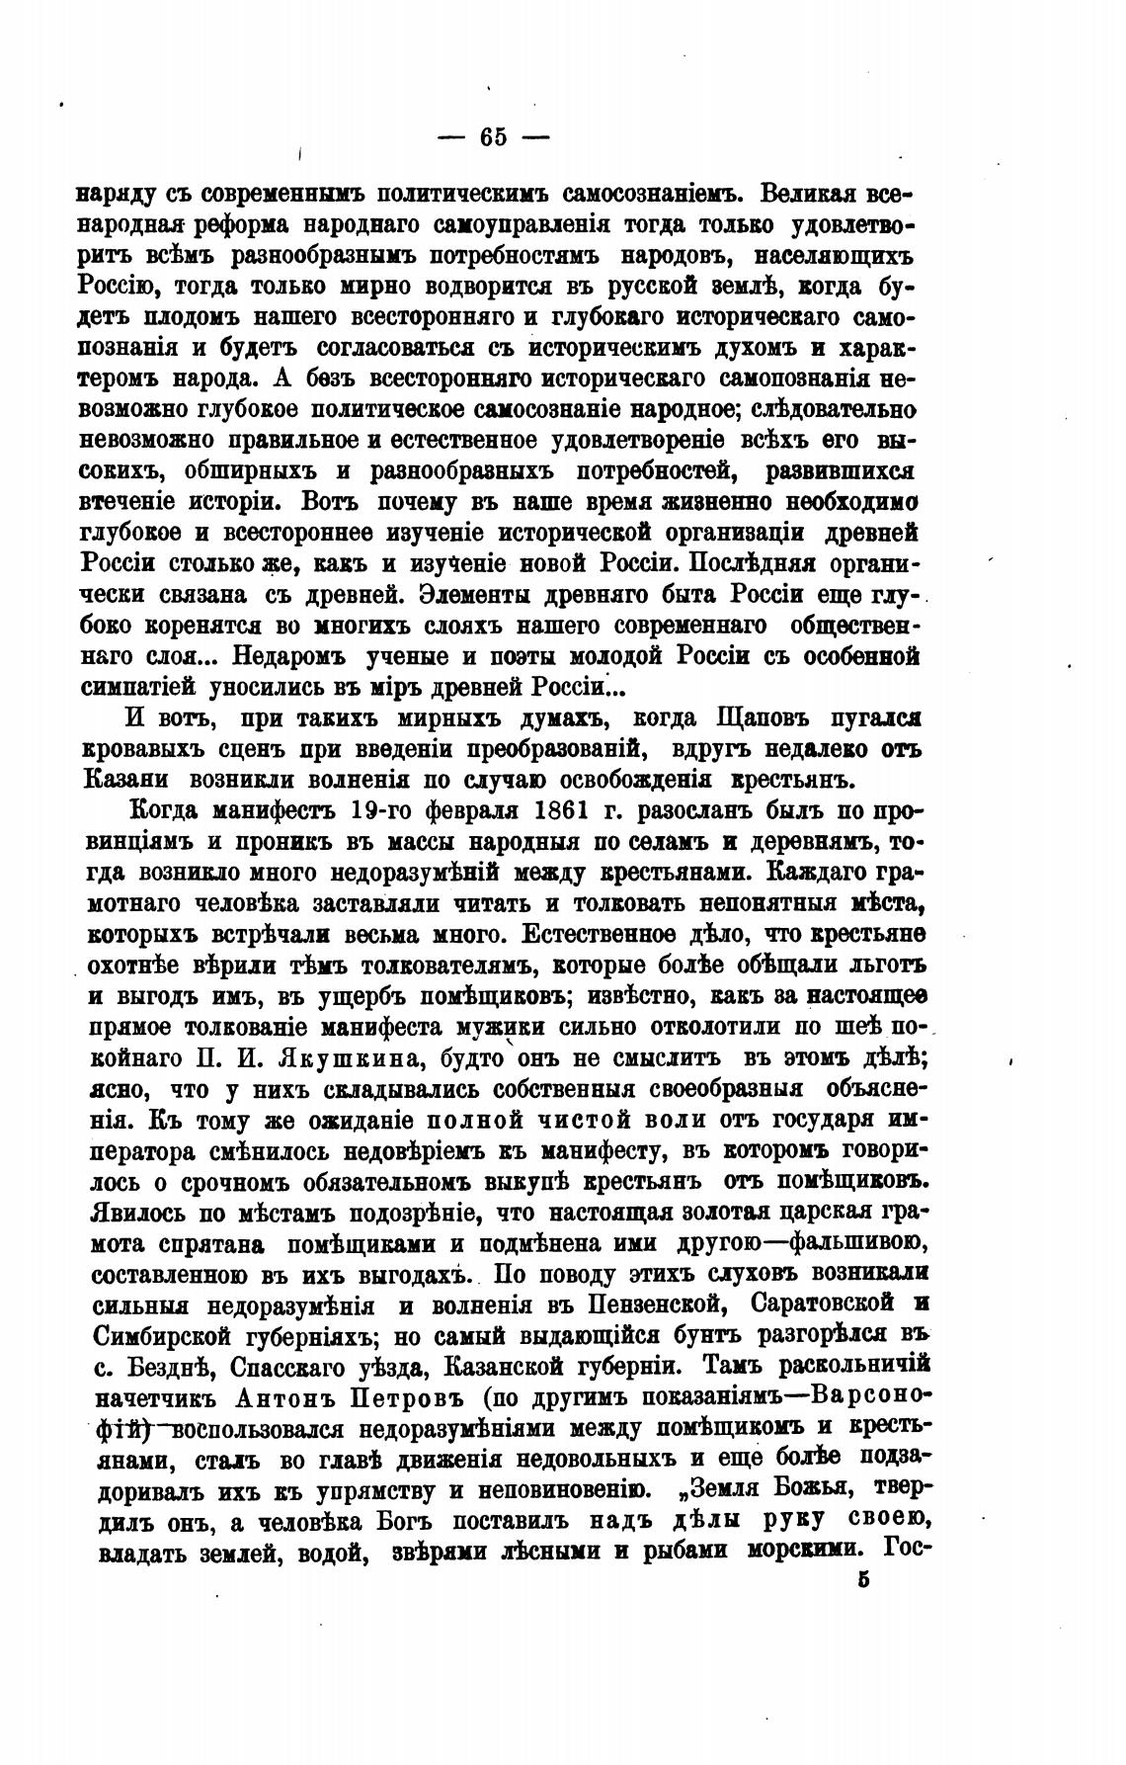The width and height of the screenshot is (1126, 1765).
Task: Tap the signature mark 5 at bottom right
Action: point(863,1578)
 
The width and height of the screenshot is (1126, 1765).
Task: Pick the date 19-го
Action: point(374,812)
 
